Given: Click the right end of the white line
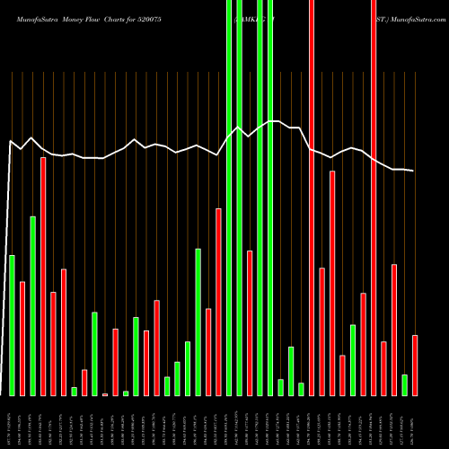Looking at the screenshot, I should (414, 171).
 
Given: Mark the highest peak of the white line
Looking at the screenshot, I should (270, 120).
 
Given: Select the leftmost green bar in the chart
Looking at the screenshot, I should (12, 325).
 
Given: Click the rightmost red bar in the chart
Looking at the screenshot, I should (415, 365).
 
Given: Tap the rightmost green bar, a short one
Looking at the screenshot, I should (404, 384).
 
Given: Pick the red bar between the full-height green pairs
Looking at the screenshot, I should (250, 322).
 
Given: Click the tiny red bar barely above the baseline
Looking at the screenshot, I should (105, 394).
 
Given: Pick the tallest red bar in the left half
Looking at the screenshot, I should (43, 276).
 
